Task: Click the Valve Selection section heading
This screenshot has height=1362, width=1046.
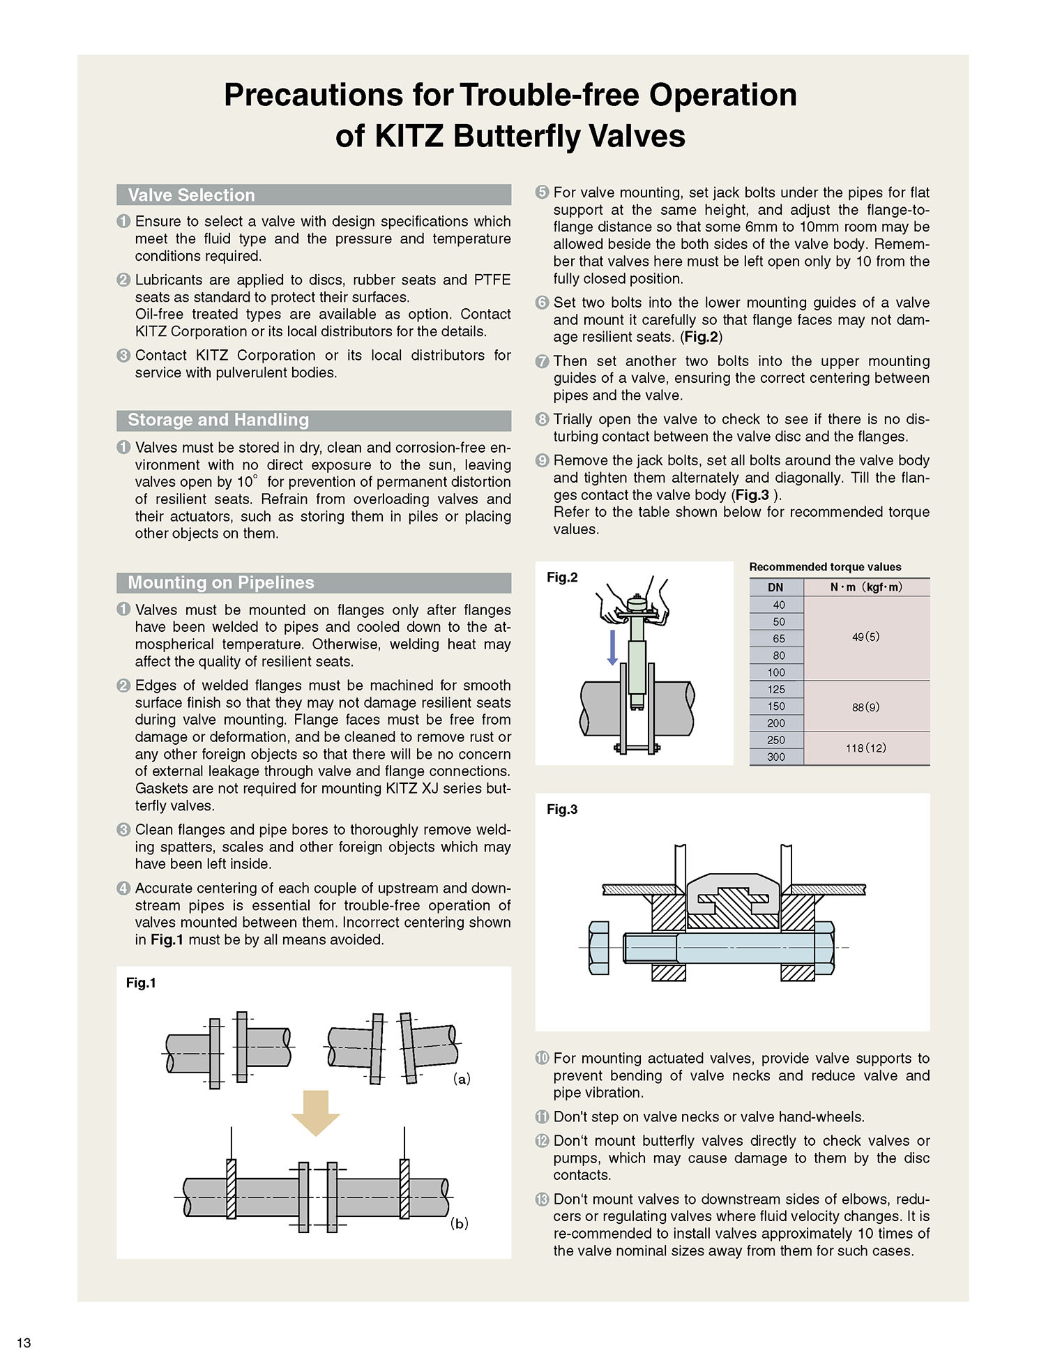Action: click(x=191, y=195)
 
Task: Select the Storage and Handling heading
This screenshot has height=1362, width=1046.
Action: click(x=218, y=420)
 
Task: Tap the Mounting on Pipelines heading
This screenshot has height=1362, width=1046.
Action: click(x=220, y=582)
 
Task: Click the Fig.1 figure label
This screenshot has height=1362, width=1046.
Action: click(x=141, y=983)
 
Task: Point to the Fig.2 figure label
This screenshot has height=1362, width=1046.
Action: click(x=562, y=577)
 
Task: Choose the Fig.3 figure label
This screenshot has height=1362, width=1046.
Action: click(x=562, y=810)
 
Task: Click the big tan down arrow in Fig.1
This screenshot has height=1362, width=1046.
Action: click(x=315, y=1113)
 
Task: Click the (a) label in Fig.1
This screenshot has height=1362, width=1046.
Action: click(x=462, y=1079)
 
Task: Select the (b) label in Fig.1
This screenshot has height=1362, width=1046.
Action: click(x=459, y=1223)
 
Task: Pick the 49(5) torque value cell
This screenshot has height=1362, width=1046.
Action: click(x=866, y=637)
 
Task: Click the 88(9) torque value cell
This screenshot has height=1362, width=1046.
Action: click(x=866, y=706)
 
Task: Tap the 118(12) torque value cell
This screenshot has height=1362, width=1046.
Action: click(x=866, y=748)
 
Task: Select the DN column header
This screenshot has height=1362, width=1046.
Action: click(x=775, y=587)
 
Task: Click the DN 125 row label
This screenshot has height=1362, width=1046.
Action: click(x=776, y=689)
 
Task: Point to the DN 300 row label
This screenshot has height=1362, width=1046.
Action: click(x=776, y=757)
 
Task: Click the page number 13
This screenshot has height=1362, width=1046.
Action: click(x=24, y=1342)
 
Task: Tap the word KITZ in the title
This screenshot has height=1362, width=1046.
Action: click(x=409, y=135)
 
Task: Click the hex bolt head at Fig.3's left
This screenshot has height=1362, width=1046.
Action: click(x=598, y=947)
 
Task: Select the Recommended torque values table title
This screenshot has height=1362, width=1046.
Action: click(x=825, y=567)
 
